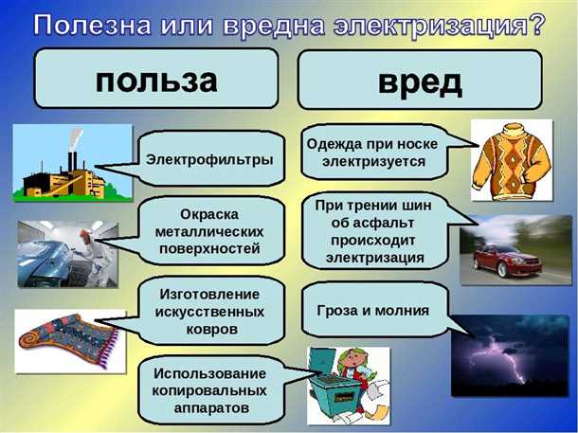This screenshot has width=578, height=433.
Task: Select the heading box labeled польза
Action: pos(156,80)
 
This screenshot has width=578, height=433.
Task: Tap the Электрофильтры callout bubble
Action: pos(209,157)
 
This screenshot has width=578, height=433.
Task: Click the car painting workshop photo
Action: pos(66,253)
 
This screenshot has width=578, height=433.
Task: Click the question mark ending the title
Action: pos(537,24)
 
